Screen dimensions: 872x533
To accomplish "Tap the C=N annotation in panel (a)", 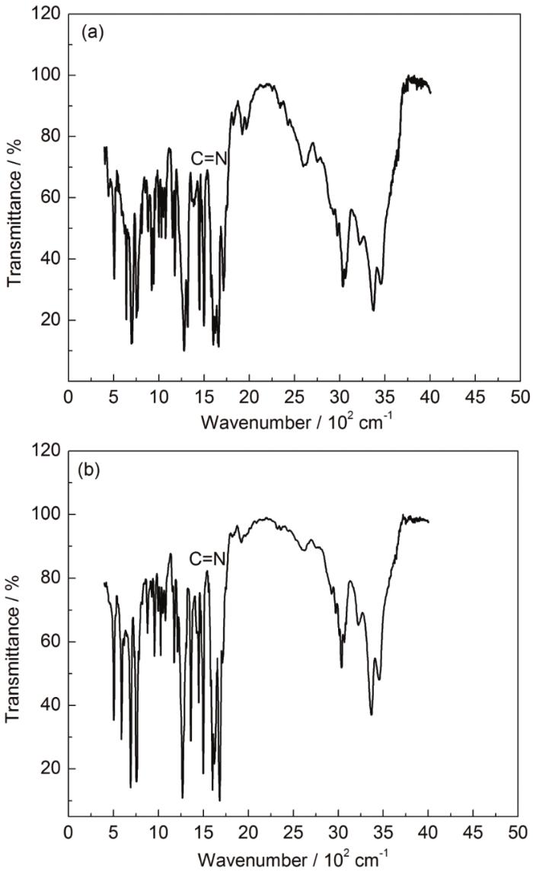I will [209, 158].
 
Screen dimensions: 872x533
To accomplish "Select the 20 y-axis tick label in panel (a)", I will [50, 320].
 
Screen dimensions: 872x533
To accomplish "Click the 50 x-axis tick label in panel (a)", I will [521, 396].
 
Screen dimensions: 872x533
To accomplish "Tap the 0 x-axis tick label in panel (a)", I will [69, 396].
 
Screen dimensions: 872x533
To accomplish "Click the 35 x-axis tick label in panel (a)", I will [385, 396].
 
